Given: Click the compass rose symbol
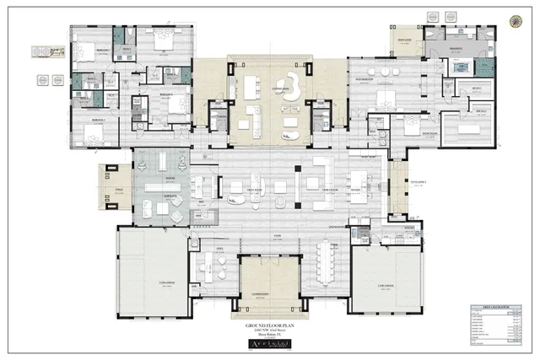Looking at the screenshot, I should click(515, 19).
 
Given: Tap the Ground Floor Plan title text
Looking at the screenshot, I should click(269, 323).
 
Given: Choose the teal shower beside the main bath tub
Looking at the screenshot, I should click(483, 68).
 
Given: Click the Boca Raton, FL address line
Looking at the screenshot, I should click(269, 334).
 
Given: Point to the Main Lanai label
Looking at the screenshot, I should click(275, 89).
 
